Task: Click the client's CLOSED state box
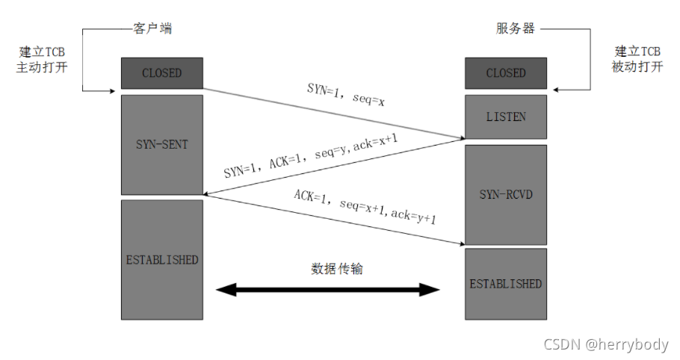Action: (162, 73)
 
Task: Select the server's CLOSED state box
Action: (506, 73)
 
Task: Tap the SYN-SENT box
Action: (162, 144)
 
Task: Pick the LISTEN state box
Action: (506, 117)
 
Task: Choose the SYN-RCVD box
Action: (506, 194)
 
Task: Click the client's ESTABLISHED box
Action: (162, 260)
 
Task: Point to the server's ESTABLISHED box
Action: (506, 284)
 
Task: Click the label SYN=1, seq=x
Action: (346, 93)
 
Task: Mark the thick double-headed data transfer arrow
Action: (329, 290)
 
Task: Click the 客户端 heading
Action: (152, 28)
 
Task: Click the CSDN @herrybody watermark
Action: (606, 344)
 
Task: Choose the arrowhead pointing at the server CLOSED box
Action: (555, 91)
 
